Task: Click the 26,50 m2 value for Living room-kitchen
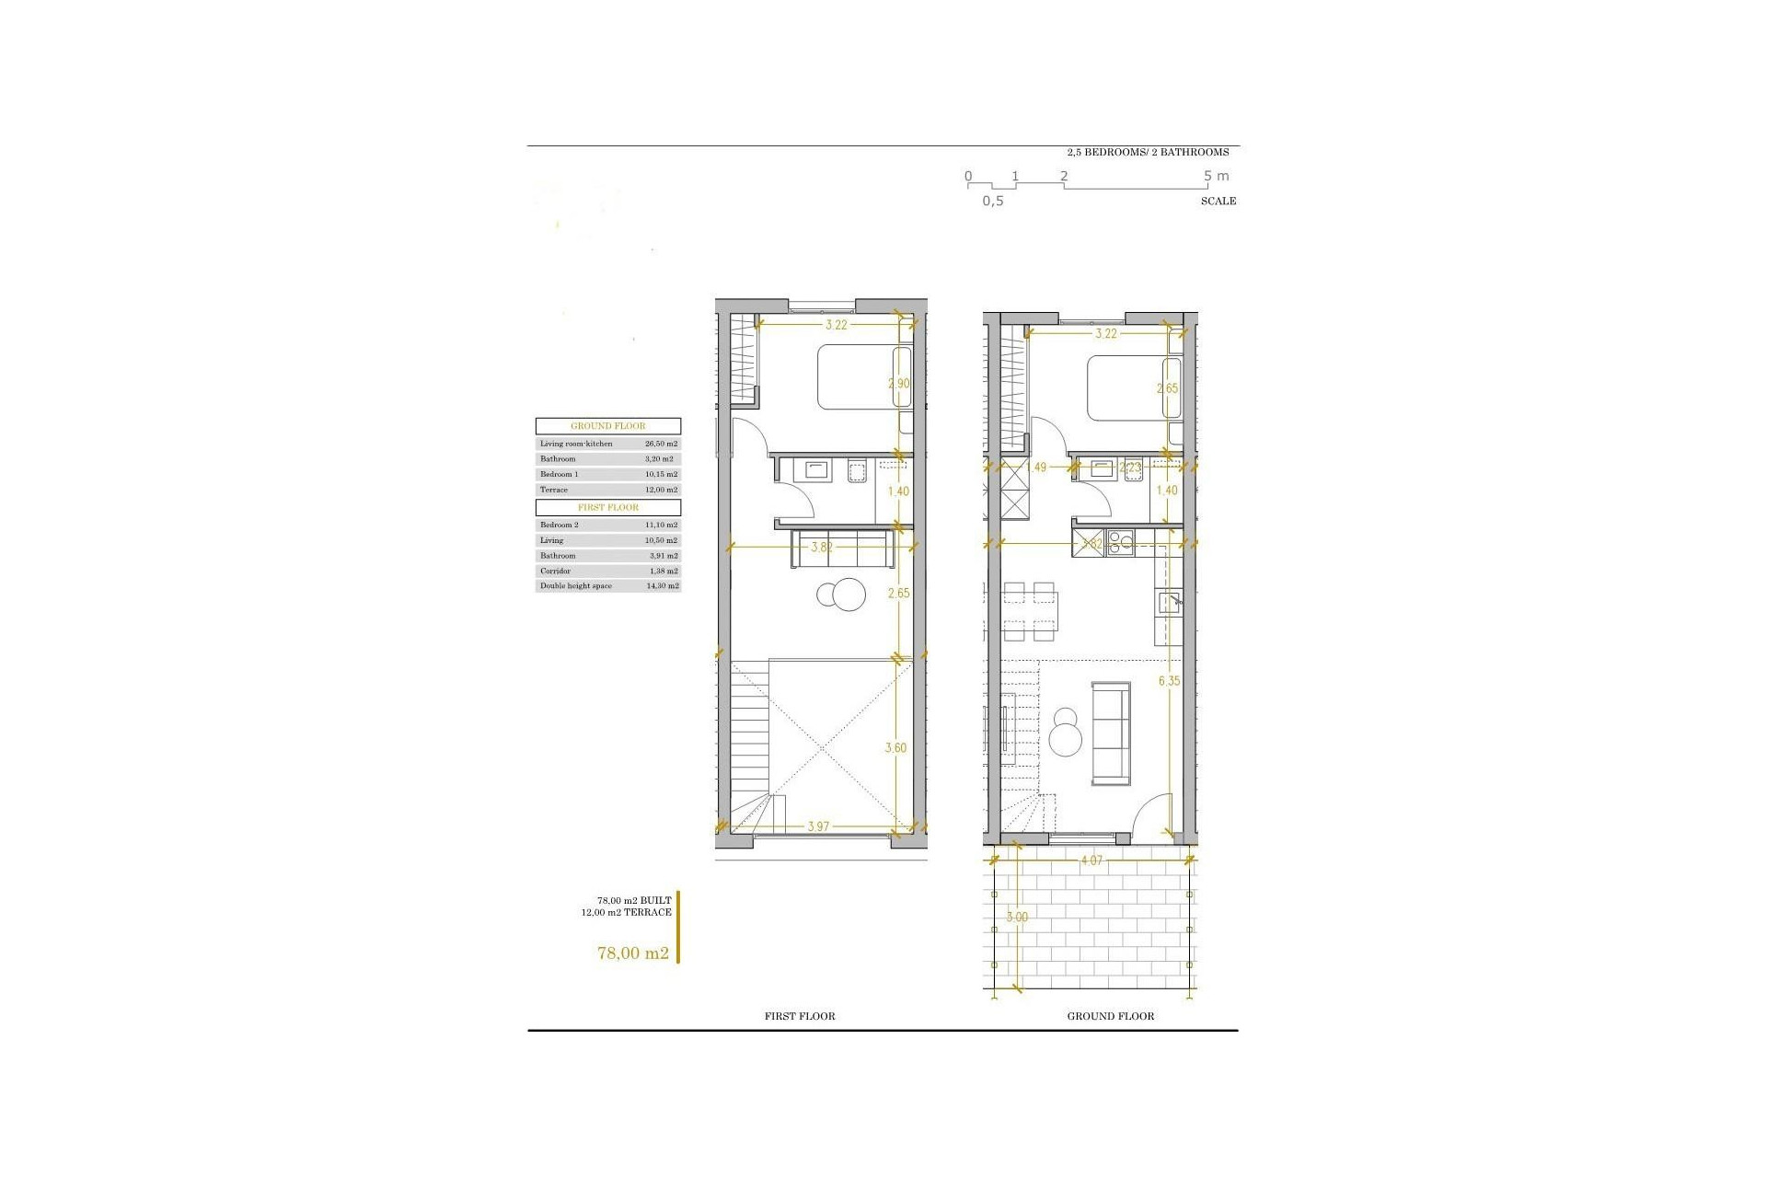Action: coord(661,444)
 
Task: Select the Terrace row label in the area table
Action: coord(554,490)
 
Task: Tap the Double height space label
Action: coord(576,586)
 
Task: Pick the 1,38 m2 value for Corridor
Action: coord(661,572)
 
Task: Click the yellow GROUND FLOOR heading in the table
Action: coord(608,426)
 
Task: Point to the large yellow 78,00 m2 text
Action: coord(633,953)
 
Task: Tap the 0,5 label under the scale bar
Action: coord(992,201)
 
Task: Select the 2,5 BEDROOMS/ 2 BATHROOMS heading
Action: coord(1148,152)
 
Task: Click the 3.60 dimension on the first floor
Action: coord(895,748)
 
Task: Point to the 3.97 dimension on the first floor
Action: coord(818,826)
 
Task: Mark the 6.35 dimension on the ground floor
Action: coord(1169,681)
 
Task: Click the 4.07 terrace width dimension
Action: coord(1091,860)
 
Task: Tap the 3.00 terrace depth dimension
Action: coord(1017,917)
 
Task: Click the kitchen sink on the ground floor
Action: coord(1170,603)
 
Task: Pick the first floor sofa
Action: coord(842,549)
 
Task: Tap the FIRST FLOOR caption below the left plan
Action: coord(800,1016)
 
